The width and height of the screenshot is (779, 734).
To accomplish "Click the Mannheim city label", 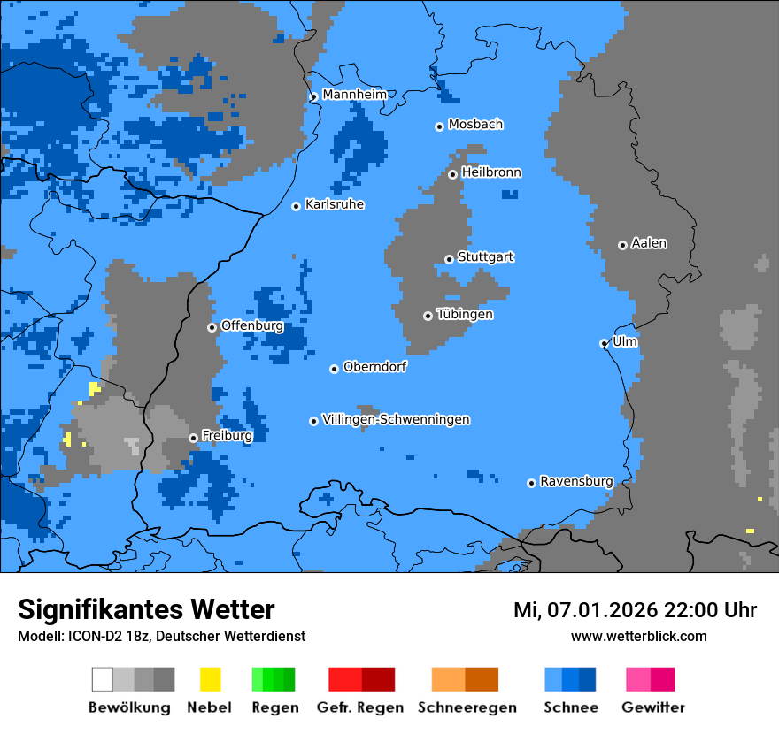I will coord(355,95).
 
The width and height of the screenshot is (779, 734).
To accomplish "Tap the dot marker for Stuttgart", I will coord(450,259).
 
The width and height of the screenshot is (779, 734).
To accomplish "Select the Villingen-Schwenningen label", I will coord(396,419).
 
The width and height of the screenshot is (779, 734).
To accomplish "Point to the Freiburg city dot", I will coord(193,438).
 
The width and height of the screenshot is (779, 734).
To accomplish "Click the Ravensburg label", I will coord(576,481).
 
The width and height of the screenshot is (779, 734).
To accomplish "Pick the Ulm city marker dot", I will coord(604,343).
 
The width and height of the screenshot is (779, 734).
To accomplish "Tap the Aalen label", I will coord(649,243).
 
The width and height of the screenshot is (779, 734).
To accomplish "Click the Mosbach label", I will coord(475,125).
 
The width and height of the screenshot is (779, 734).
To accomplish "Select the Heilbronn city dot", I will coord(452,174).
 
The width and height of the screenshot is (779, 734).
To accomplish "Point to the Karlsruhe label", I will coord(335,204).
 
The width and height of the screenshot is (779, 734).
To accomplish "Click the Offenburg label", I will coord(252,325).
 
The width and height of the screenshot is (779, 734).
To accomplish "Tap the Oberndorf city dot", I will coord(335,369).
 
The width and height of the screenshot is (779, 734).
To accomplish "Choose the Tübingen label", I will coord(465,314).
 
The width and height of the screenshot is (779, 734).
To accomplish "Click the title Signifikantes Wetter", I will coord(146,609).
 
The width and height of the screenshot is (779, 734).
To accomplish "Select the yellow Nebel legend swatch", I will coord(210,679).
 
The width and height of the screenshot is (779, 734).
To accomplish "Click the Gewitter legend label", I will coord(653,707).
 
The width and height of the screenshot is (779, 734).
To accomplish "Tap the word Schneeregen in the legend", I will coord(467,707).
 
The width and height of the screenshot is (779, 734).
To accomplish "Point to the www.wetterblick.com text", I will coord(638,636).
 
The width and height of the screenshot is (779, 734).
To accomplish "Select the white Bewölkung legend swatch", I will coord(103,679).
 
